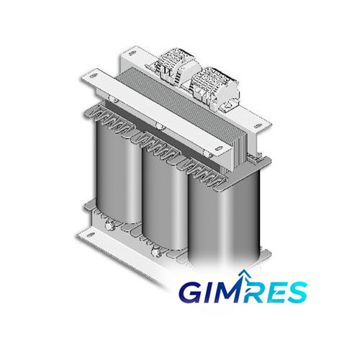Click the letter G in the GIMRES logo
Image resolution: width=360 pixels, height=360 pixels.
(x=192, y=293)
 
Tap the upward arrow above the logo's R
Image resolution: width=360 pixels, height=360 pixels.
(x=243, y=274)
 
